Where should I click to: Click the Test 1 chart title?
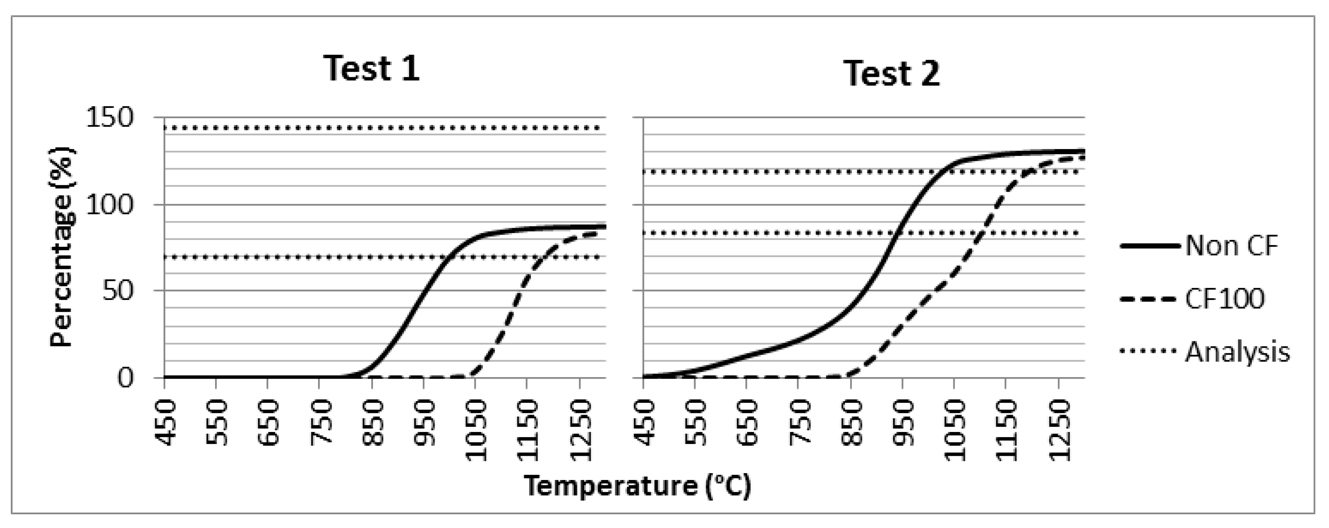click(371, 69)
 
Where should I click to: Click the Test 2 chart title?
click(892, 74)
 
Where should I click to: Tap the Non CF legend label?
click(1231, 245)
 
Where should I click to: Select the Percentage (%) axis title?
click(62, 248)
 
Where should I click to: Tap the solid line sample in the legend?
click(1150, 246)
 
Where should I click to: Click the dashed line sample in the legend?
click(1150, 299)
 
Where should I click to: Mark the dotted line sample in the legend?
click(1150, 352)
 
